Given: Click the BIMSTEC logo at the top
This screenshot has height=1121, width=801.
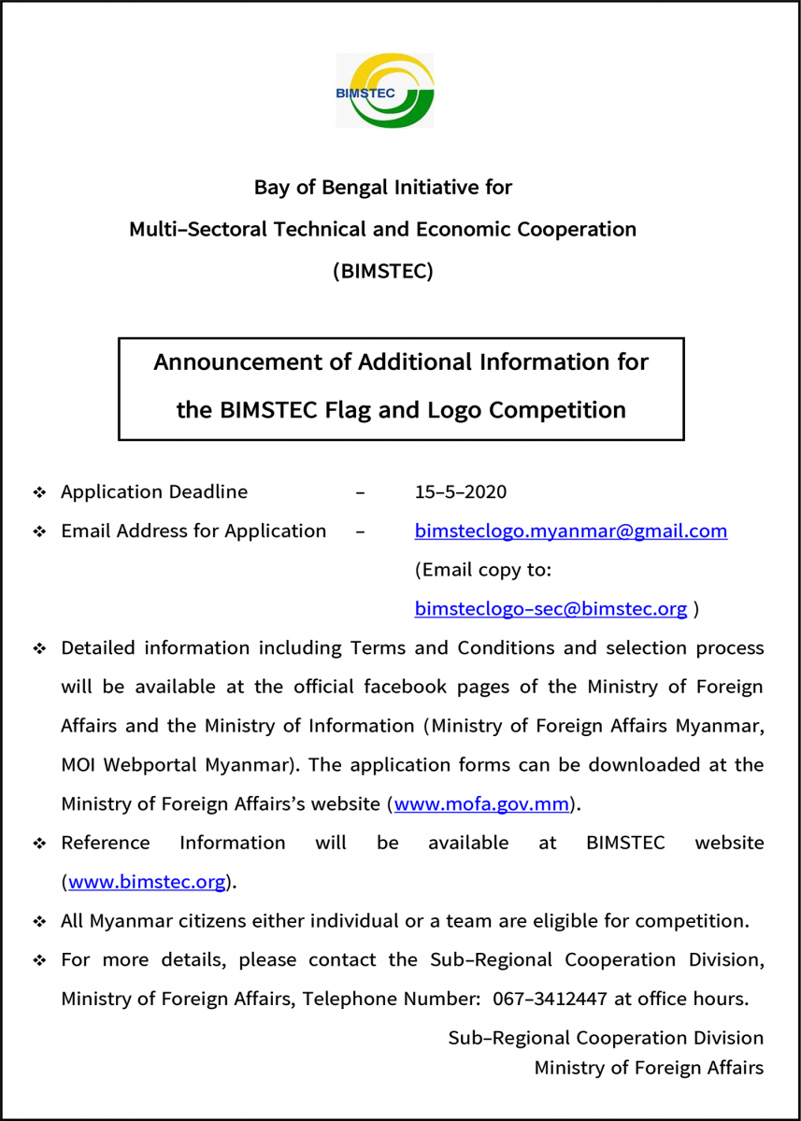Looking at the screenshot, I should click(x=385, y=91).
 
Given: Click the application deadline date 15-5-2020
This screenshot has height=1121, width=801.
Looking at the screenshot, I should click(x=460, y=492).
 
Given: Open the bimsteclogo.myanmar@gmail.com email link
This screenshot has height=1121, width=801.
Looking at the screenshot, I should click(x=570, y=532).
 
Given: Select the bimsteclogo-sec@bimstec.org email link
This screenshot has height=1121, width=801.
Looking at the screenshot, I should click(x=551, y=609).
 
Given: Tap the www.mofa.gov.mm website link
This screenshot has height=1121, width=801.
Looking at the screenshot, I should click(x=482, y=804).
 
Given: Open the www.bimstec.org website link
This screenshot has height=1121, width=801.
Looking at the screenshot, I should click(x=147, y=882).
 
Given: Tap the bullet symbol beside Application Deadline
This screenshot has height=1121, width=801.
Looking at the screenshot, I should click(x=39, y=492).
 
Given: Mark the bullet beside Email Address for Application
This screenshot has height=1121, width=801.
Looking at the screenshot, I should click(x=39, y=532).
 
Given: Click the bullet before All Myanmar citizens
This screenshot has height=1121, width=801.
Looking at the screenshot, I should click(x=39, y=922).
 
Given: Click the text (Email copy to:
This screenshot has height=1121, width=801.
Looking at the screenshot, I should click(x=482, y=570).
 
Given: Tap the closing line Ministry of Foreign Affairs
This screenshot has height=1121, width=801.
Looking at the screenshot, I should click(x=649, y=1067).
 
